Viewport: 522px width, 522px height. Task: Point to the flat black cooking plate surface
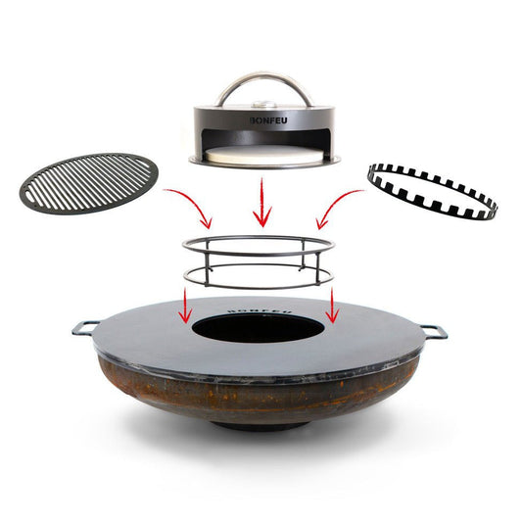[147, 338]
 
